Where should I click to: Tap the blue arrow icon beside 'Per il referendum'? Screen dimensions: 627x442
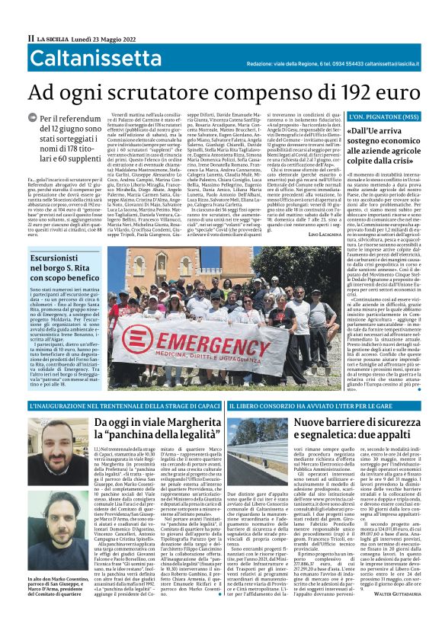coord(32,120)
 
